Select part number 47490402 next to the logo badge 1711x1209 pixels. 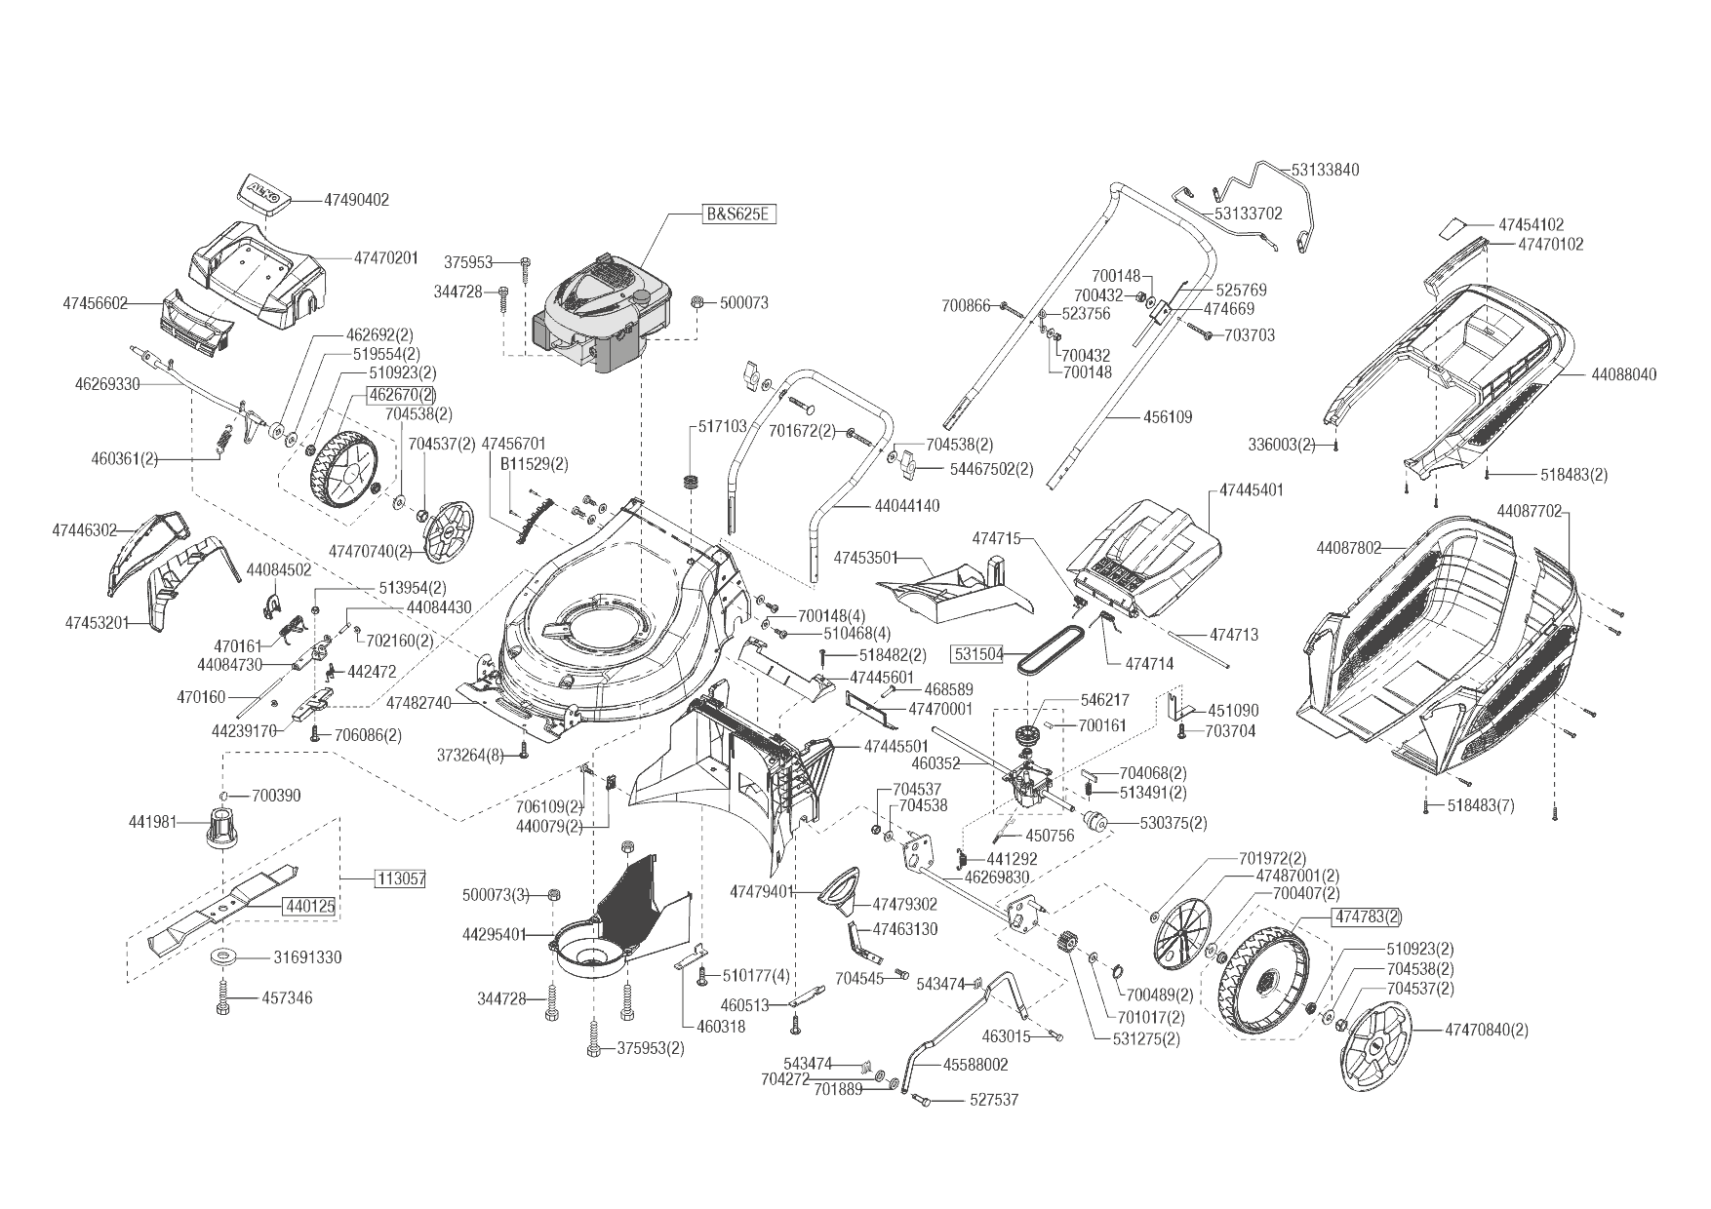click(356, 200)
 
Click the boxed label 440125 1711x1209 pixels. click(310, 907)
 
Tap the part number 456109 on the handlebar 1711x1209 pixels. click(1168, 417)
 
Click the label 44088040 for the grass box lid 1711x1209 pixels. click(1624, 374)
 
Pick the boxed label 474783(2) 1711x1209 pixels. click(1368, 916)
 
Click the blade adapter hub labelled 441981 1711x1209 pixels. click(223, 829)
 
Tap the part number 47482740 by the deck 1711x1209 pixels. click(418, 702)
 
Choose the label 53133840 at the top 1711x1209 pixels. click(1326, 170)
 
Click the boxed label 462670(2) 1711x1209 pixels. click(401, 395)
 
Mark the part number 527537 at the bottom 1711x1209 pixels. click(994, 1100)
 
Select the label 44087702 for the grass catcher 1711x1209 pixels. click(1529, 510)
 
